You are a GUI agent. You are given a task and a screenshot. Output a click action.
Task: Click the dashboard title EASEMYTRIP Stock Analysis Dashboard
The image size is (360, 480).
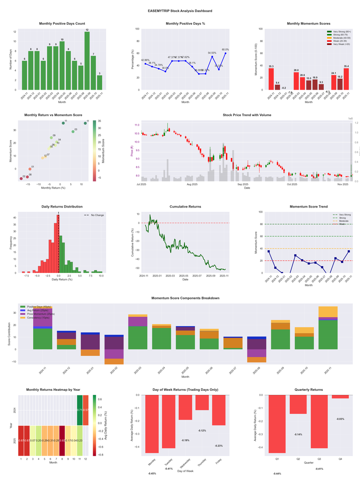180,10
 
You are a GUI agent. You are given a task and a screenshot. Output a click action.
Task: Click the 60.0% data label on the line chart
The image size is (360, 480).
225,50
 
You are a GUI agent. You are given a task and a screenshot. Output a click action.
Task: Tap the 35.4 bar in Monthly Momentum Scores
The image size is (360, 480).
346,79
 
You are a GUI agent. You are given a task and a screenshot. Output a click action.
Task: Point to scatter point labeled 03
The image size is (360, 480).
73,131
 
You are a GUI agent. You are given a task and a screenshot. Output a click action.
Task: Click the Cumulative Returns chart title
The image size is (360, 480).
185,206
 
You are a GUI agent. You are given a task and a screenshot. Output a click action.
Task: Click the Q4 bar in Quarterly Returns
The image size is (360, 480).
340,397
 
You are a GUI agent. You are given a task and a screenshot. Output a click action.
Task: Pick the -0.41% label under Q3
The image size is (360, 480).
319,469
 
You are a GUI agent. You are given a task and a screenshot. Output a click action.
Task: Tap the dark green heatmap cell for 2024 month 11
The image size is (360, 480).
80,410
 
